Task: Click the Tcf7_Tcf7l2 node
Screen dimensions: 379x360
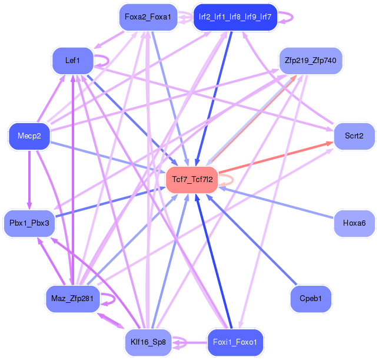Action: pos(192,180)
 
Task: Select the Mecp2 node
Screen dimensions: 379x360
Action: pos(29,136)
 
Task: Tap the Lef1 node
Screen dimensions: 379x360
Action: pos(73,61)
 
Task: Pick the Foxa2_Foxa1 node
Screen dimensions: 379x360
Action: pos(148,17)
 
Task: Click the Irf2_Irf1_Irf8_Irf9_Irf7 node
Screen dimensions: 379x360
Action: pos(235,17)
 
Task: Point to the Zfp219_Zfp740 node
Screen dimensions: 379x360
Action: pos(311,61)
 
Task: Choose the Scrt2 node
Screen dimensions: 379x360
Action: pos(354,136)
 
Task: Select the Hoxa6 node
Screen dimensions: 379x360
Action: pos(354,223)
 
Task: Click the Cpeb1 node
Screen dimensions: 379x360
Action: pos(311,299)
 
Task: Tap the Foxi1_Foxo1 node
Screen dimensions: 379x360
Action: pos(235,342)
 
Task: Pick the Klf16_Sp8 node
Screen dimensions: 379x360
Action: pos(148,342)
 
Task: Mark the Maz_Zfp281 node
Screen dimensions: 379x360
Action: pos(73,299)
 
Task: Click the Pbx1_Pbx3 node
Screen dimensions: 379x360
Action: pos(29,223)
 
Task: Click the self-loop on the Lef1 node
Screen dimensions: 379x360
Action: pos(108,61)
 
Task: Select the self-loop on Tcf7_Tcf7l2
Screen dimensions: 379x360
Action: pos(233,180)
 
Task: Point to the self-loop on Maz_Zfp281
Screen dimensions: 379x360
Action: pos(115,299)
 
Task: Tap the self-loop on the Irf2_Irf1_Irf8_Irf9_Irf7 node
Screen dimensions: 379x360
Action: pos(292,17)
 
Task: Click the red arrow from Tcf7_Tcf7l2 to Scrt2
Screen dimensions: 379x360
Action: pos(276,157)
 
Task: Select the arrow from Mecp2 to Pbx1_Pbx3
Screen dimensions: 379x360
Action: pos(29,180)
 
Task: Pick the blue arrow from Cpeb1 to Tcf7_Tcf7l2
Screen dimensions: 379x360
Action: pos(251,239)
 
